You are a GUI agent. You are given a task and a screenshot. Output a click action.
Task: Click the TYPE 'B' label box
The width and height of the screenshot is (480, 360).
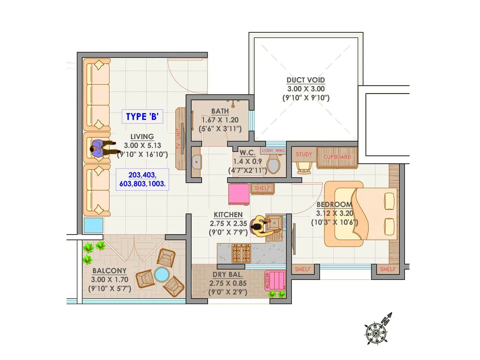pos(142,117)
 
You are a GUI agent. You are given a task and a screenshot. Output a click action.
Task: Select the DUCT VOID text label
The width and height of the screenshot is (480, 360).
pos(306,80)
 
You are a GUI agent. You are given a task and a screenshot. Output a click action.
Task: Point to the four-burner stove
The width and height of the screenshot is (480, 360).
pos(241,253)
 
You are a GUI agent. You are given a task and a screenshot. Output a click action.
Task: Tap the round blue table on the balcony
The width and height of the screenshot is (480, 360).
pos(162,274)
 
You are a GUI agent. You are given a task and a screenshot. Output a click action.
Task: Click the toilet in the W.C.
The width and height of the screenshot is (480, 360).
pos(273,166)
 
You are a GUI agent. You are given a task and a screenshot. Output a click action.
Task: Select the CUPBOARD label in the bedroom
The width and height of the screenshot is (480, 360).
pos(337,157)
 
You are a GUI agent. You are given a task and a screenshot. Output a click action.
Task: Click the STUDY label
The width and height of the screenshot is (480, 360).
pos(304,154)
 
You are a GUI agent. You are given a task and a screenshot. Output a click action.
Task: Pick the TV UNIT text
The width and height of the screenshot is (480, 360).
pos(179,139)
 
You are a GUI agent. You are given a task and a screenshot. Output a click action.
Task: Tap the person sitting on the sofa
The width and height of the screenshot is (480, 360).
pos(100,148)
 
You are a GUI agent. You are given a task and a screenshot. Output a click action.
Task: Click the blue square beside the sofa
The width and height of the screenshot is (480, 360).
pos(93,225)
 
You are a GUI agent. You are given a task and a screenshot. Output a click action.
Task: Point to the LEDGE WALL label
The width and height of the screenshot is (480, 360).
pos(274,151)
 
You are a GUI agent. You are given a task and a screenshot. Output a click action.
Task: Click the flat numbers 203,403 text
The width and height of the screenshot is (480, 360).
pos(142,175)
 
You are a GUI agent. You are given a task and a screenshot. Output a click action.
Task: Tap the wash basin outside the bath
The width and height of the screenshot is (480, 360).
pos(196,162)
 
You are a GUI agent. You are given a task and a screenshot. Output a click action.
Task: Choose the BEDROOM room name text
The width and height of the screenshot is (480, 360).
pos(334,205)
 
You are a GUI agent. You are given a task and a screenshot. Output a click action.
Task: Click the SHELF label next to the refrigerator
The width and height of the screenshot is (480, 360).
pos(262,188)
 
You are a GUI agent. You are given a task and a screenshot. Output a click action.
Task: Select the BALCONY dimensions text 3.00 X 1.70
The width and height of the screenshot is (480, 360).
pos(109,280)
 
